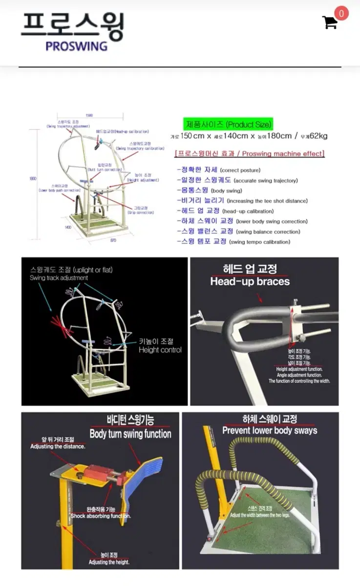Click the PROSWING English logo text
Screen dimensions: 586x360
click(76, 46)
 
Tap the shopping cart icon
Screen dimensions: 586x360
click(330, 22)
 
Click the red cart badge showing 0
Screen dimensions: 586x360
click(341, 13)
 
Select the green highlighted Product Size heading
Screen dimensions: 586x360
click(228, 124)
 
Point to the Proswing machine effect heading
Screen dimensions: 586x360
click(249, 154)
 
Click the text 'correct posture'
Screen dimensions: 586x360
click(240, 170)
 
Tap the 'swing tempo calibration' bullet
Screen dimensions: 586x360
click(259, 242)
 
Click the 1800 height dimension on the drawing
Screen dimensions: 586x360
click(33, 179)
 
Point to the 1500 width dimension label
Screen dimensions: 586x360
click(89, 116)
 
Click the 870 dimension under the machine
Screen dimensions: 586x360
click(113, 241)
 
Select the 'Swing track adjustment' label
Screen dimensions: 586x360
click(59, 278)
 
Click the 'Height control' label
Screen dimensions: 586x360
click(160, 350)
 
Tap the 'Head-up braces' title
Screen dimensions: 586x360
click(250, 281)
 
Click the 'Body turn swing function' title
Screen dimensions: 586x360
click(130, 434)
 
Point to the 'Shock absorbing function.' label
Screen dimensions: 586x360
click(101, 516)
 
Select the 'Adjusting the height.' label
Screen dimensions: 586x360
click(108, 562)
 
